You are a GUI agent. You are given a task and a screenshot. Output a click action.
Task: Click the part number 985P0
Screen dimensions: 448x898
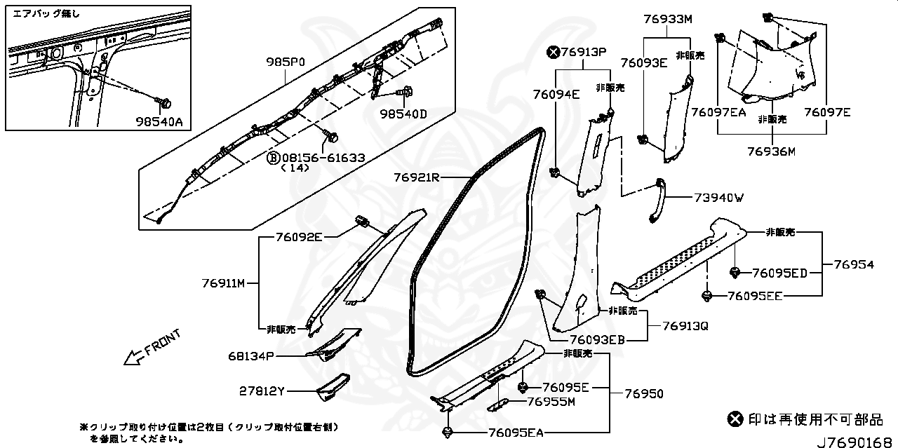pos(286,62)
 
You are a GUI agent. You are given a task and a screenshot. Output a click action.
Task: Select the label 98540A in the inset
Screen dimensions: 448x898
pos(159,121)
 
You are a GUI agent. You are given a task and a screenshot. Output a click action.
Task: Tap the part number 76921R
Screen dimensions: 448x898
pos(416,178)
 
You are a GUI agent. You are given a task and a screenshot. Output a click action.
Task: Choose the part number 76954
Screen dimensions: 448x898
pos(854,264)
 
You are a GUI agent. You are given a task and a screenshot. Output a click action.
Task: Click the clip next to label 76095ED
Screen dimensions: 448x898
pos(735,271)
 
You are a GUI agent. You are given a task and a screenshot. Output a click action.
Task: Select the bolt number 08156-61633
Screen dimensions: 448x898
pos(322,158)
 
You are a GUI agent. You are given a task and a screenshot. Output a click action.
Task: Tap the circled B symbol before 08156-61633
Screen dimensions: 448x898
pos(272,158)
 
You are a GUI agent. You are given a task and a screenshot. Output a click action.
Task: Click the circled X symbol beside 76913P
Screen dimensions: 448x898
pos(554,51)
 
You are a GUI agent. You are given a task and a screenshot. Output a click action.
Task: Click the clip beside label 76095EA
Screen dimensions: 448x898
pos(447,431)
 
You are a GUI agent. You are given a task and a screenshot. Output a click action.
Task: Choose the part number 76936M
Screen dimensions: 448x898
pos(771,151)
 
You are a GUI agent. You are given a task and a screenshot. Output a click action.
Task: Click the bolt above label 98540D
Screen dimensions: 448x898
pos(407,91)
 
